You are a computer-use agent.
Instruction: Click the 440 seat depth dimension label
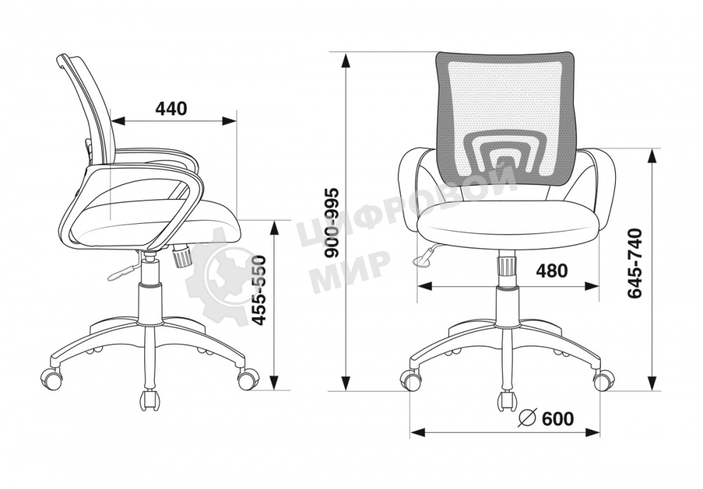171,108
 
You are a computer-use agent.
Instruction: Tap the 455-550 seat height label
259,291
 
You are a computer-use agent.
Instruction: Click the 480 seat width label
552,270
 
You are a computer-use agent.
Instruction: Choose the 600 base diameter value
557,419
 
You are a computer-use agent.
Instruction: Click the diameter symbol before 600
528,418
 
